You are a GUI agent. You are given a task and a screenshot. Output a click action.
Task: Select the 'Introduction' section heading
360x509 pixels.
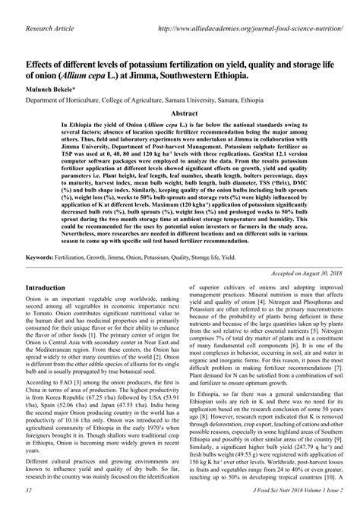click(x=55, y=289)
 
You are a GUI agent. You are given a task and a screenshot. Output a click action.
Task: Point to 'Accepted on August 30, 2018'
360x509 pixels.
click(x=299, y=272)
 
